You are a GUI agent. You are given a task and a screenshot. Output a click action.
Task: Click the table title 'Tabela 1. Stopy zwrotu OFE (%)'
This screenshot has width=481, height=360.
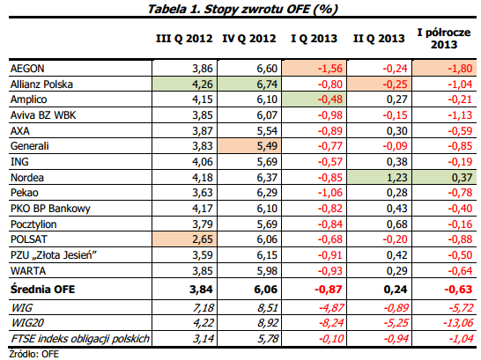pyautogui.click(x=242, y=9)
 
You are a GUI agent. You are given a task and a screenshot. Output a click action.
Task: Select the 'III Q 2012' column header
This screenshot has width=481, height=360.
pyautogui.click(x=184, y=39)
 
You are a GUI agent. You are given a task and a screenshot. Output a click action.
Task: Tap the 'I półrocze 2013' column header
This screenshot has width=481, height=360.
pyautogui.click(x=444, y=39)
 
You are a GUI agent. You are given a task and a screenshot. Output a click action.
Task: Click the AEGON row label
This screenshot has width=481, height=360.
pyautogui.click(x=27, y=69)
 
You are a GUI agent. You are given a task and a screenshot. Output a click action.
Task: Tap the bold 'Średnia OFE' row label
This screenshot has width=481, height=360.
pyautogui.click(x=42, y=290)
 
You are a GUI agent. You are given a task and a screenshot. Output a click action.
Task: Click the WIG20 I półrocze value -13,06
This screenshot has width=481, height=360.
pyautogui.click(x=458, y=323)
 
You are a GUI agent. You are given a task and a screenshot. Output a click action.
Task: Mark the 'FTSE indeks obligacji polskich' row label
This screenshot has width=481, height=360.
pyautogui.click(x=80, y=339)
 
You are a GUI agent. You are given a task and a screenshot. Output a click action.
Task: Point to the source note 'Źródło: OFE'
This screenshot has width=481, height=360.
pyautogui.click(x=33, y=354)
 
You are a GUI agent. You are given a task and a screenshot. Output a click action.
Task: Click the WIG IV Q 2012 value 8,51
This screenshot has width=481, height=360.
pyautogui.click(x=268, y=307)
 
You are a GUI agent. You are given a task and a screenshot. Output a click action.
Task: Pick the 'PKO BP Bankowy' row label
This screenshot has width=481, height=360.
pyautogui.click(x=50, y=209)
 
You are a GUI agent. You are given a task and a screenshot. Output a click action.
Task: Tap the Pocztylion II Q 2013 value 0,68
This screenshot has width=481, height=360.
pyautogui.click(x=397, y=224)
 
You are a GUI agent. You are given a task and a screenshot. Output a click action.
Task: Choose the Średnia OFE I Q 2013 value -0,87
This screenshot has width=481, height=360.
pyautogui.click(x=329, y=290)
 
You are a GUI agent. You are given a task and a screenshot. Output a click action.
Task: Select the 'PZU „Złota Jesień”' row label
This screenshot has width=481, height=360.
pyautogui.click(x=54, y=255)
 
